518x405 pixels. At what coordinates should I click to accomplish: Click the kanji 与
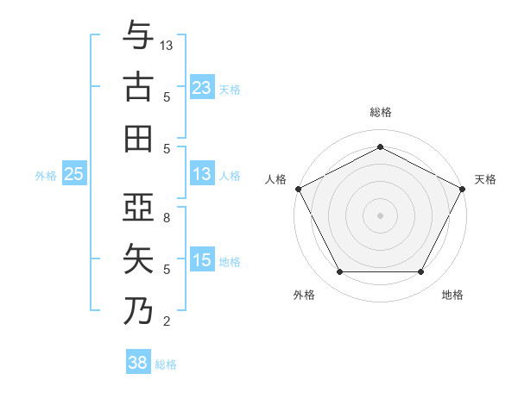(x=138, y=36)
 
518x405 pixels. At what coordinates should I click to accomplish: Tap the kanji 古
(x=138, y=87)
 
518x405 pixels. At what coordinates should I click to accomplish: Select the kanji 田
(x=138, y=138)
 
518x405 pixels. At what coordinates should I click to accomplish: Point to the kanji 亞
(x=138, y=208)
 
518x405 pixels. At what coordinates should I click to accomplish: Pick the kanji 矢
(x=138, y=259)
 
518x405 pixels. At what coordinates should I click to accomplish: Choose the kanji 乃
(x=138, y=310)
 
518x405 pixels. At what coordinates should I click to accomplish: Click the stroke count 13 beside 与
(x=167, y=45)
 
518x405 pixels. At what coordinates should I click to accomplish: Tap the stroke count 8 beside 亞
(x=167, y=218)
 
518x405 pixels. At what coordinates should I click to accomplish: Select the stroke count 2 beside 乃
(x=167, y=321)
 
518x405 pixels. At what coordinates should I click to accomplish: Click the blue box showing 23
(x=201, y=87)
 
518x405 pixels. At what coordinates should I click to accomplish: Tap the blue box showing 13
(x=201, y=175)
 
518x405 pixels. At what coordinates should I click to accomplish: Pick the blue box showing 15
(x=201, y=261)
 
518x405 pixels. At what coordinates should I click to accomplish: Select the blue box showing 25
(x=74, y=175)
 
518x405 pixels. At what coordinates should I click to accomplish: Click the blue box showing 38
(x=137, y=364)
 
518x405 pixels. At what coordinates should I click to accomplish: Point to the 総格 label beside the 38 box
(x=167, y=364)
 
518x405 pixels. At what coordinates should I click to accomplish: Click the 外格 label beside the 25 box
(x=46, y=176)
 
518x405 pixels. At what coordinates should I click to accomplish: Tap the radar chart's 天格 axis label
(x=485, y=179)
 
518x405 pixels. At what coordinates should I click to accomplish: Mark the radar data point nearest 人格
(x=298, y=188)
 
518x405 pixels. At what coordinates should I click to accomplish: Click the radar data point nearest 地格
(x=420, y=272)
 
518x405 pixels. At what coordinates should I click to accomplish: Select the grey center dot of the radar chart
(x=380, y=215)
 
